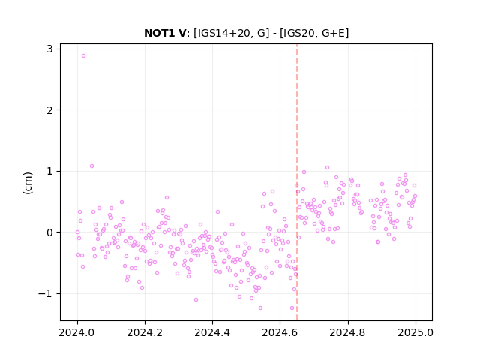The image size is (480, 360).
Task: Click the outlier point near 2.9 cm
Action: (x=83, y=56)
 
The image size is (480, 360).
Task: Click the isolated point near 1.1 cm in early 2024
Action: (x=91, y=166)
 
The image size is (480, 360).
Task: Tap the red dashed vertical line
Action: (x=297, y=182)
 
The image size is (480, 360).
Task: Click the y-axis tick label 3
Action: (x=49, y=49)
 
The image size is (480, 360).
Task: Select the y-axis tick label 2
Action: (x=49, y=110)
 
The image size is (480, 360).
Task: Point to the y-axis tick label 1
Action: (x=49, y=172)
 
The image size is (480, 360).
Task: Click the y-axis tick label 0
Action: (x=49, y=232)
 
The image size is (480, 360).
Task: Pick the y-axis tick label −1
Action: (x=46, y=294)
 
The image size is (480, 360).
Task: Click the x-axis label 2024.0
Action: (x=76, y=332)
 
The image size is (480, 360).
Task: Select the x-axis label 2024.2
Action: (x=145, y=332)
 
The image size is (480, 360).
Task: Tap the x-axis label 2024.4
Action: (x=212, y=332)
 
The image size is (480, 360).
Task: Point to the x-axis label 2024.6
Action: (x=280, y=332)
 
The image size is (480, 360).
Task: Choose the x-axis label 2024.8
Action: (x=347, y=332)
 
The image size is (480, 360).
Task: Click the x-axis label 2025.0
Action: (x=415, y=332)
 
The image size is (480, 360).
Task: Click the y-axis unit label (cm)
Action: (x=28, y=183)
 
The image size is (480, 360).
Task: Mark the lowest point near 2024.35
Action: (x=196, y=300)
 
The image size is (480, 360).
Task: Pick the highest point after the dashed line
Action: (x=327, y=168)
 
